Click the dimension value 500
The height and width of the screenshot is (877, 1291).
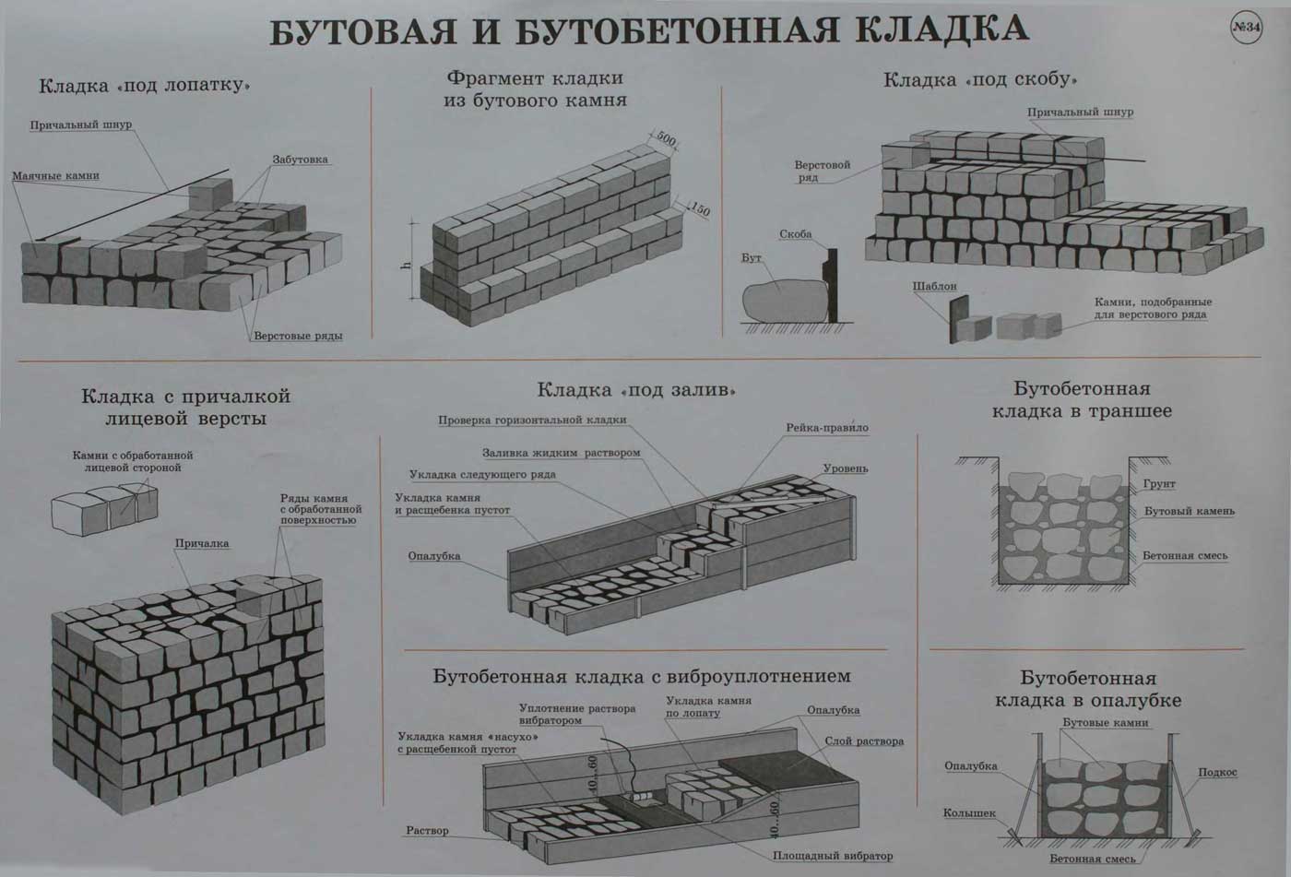click(666, 139)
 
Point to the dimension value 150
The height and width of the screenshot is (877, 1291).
click(699, 209)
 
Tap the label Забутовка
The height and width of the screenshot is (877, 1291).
click(300, 160)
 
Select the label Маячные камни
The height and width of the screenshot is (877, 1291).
click(56, 176)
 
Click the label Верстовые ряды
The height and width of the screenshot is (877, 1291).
click(298, 336)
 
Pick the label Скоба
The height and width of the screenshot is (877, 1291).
click(795, 234)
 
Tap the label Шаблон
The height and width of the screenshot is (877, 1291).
click(934, 287)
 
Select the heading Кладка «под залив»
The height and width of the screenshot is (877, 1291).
click(636, 390)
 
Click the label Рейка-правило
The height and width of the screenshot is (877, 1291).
click(827, 428)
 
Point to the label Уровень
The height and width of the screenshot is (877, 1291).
click(846, 468)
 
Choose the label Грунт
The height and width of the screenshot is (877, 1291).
click(1159, 484)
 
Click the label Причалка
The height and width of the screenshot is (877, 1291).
click(202, 543)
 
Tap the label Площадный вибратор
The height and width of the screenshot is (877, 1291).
click(833, 857)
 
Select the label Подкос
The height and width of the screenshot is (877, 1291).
click(1218, 772)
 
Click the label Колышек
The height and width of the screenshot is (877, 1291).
click(969, 813)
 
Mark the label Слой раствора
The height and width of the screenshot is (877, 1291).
click(864, 741)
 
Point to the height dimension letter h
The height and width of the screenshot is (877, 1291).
click(407, 265)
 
